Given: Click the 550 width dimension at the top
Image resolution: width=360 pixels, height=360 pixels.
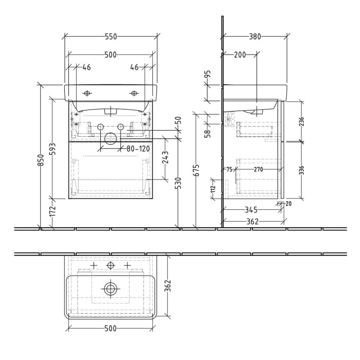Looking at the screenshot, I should pos(111,37).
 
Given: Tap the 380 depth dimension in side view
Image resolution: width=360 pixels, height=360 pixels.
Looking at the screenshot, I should pos(255,37).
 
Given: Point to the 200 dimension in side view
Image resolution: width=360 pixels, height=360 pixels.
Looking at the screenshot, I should pos(240,55).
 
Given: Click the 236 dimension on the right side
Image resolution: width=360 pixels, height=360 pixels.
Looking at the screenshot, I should pos(302,122).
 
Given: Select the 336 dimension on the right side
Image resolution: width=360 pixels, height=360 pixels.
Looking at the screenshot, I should pos(302,170).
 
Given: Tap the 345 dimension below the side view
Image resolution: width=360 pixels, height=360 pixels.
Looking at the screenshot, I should pos(252,210).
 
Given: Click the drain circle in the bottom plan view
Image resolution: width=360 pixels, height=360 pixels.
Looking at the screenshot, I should pos(110,289).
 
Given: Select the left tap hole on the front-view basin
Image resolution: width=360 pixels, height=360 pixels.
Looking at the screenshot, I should pos(86,93).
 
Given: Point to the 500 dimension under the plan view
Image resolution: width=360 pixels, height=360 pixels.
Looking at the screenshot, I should pos(110,328).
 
